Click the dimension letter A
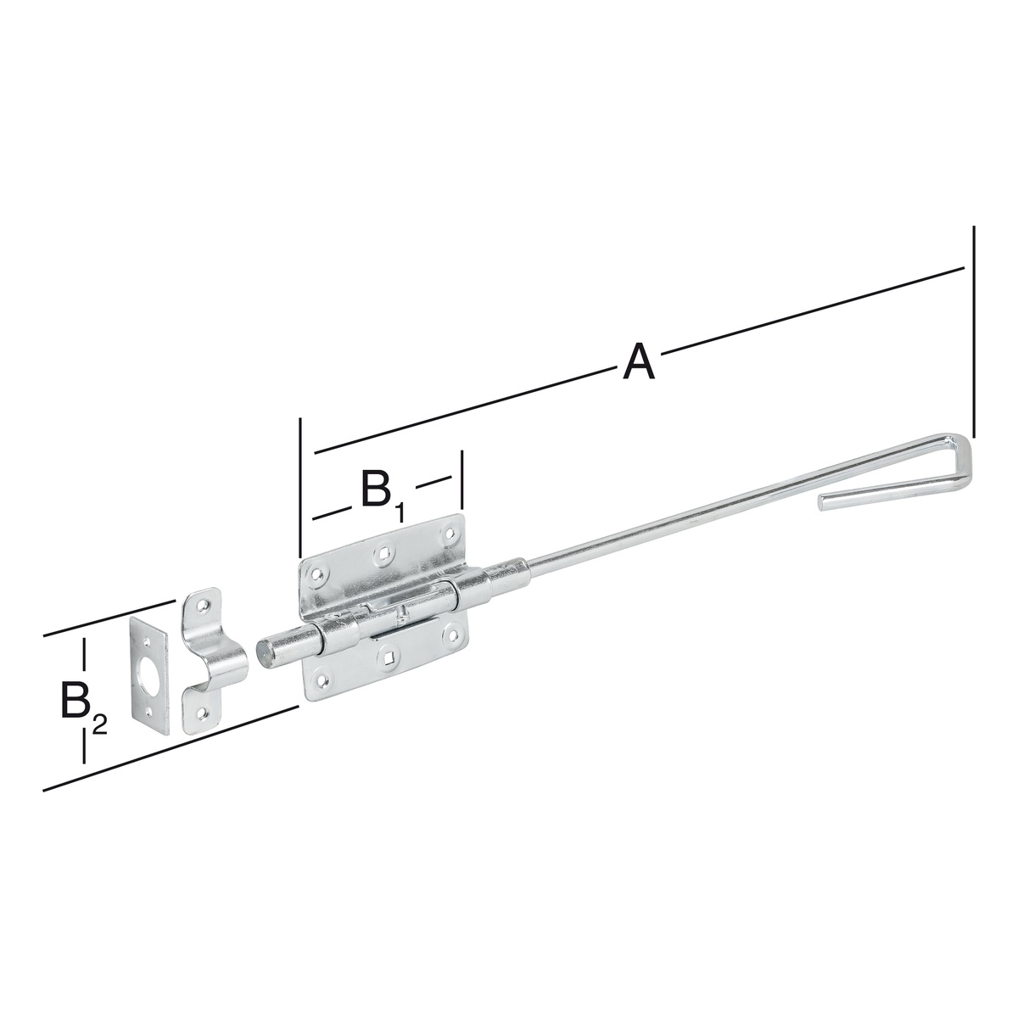[x=639, y=362]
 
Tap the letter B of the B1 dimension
[x=375, y=488]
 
